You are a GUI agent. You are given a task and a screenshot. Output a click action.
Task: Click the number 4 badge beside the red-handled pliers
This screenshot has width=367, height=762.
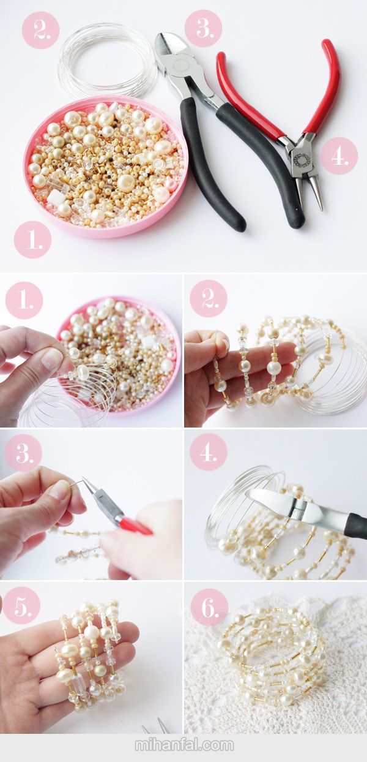pyautogui.click(x=339, y=156)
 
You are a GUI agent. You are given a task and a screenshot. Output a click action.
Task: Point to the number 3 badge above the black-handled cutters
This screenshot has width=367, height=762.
pyautogui.click(x=204, y=28)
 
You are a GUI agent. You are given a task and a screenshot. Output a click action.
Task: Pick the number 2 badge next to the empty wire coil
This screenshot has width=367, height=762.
pyautogui.click(x=41, y=29)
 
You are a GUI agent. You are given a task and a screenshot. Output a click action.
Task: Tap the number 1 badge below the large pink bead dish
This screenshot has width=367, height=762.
pyautogui.click(x=32, y=240)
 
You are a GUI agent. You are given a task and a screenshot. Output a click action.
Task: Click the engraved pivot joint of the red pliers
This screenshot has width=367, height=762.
pyautogui.click(x=301, y=157)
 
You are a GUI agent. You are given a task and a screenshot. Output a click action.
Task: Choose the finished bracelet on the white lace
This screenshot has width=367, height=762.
pyautogui.click(x=272, y=663)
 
